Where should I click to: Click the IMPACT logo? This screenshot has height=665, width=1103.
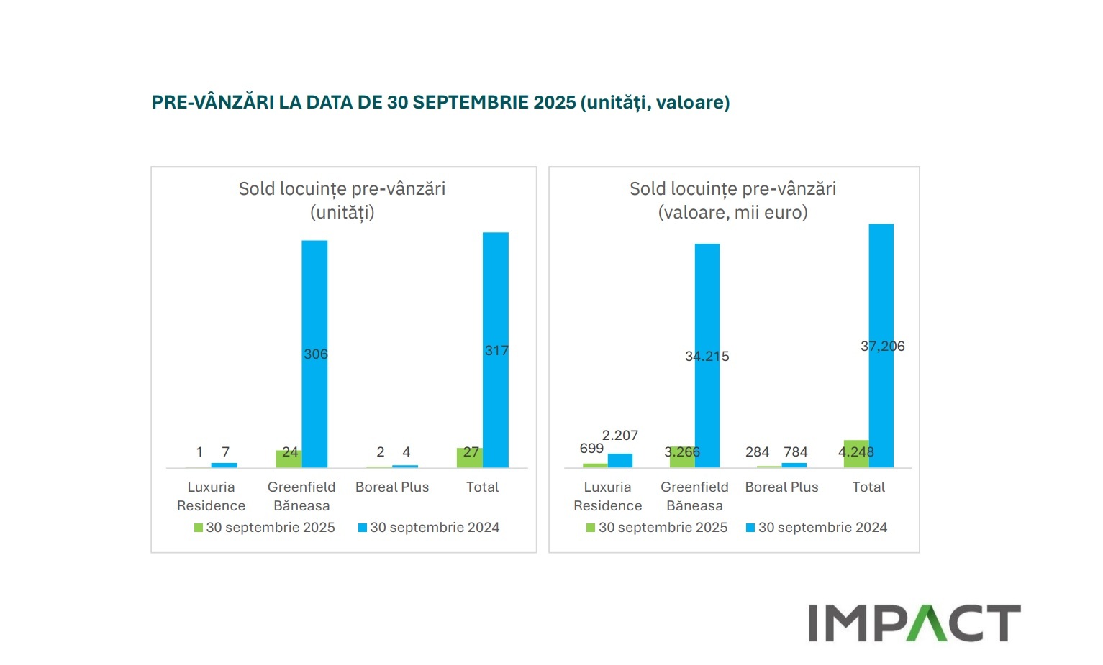pyautogui.click(x=914, y=623)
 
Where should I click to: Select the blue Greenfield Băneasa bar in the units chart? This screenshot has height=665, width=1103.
pyautogui.click(x=314, y=302)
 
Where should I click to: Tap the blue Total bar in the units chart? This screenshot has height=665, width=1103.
pyautogui.click(x=496, y=288)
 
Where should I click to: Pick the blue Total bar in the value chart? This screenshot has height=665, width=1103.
pyautogui.click(x=881, y=288)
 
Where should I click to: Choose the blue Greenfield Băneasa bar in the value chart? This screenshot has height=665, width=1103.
pyautogui.click(x=707, y=302)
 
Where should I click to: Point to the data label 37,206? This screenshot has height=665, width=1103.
pyautogui.click(x=883, y=347)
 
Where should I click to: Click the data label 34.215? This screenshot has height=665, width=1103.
pyautogui.click(x=707, y=357)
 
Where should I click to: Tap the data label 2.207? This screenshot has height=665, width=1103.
pyautogui.click(x=620, y=436)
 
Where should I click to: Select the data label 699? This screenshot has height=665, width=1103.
pyautogui.click(x=591, y=449)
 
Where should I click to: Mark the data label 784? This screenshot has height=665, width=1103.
pyautogui.click(x=796, y=452)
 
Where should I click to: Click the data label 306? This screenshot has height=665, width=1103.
pyautogui.click(x=316, y=354)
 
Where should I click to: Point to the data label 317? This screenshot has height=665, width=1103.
pyautogui.click(x=496, y=351)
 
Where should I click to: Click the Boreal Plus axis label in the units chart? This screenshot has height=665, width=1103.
pyautogui.click(x=392, y=487)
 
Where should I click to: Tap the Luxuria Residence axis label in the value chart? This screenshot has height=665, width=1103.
pyautogui.click(x=608, y=496)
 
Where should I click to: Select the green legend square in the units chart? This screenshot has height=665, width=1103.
pyautogui.click(x=199, y=528)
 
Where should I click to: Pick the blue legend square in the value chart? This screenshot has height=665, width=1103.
pyautogui.click(x=750, y=528)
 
